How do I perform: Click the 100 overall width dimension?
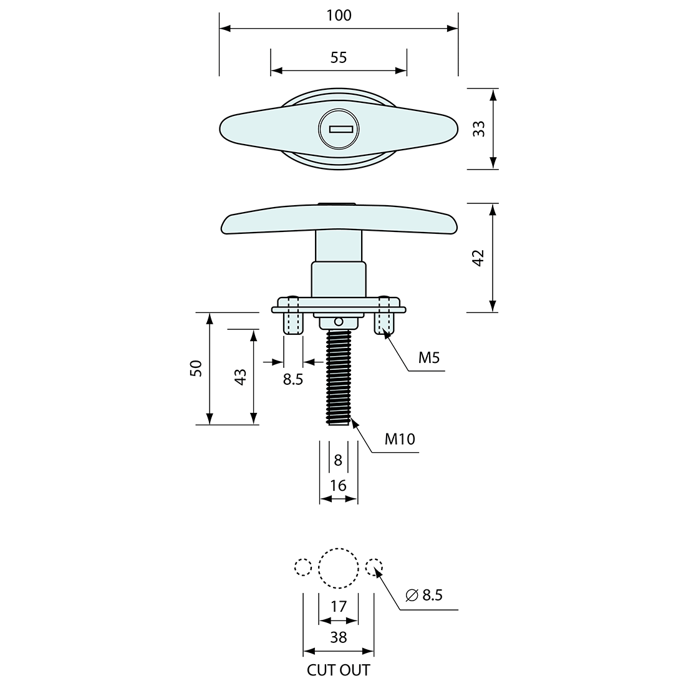coord(339,16)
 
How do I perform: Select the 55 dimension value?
coord(339,58)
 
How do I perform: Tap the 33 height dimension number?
coord(478,129)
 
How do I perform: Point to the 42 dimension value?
coord(478,258)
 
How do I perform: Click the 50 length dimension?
coord(196,368)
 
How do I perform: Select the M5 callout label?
coord(428,358)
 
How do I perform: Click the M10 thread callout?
coord(399,439)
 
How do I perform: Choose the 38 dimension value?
coord(338,637)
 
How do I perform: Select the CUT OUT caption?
coord(338,670)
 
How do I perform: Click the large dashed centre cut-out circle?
coord(339,568)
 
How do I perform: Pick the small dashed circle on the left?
coord(303,567)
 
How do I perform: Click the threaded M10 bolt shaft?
coord(338,377)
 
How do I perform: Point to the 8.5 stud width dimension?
coord(292,379)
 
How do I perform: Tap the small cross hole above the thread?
coord(338,322)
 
